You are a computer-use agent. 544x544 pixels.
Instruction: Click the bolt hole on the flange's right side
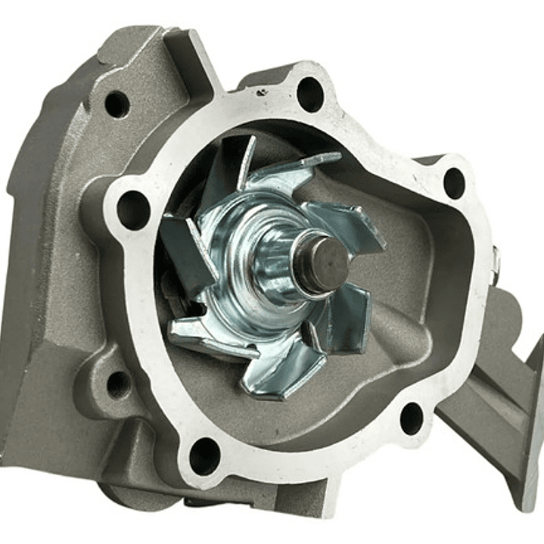point(453,182)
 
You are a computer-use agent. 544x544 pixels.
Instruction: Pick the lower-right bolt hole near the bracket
point(412,418)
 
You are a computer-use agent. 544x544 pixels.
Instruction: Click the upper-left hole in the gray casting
point(117,104)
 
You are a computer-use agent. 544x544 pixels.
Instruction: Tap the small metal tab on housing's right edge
point(496,261)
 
